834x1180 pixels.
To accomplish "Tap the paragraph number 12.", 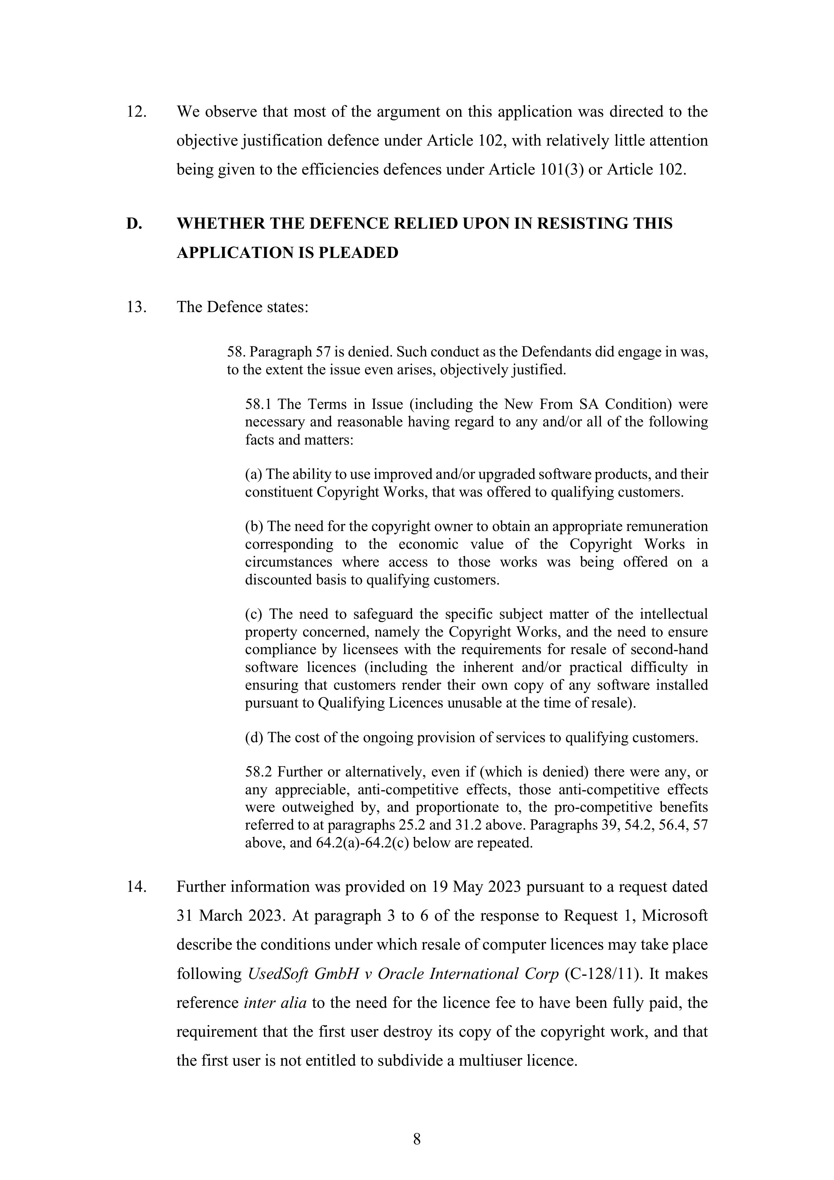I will tap(136, 112).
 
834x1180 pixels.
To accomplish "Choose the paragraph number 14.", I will tap(136, 886).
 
